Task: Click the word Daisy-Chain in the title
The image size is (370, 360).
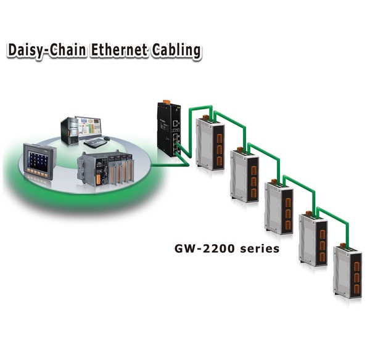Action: pos(46,51)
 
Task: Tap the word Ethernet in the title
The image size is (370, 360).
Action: pos(119,51)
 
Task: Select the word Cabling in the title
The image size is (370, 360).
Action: pos(176,51)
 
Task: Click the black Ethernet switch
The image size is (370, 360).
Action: pos(169,129)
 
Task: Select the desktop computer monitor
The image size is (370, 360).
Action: pos(88,127)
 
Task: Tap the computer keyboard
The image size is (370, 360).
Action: pos(96,142)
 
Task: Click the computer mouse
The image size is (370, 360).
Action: pos(107,138)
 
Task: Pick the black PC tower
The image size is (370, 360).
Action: pos(69,131)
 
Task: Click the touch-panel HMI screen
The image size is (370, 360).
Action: pos(40,161)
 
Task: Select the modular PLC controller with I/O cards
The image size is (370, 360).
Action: pos(105,169)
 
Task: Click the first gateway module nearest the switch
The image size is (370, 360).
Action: pos(210,144)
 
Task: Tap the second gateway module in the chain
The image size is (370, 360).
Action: pos(244,176)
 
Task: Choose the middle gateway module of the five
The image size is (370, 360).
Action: pos(279,208)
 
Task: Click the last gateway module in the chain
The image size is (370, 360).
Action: pos(348,272)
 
